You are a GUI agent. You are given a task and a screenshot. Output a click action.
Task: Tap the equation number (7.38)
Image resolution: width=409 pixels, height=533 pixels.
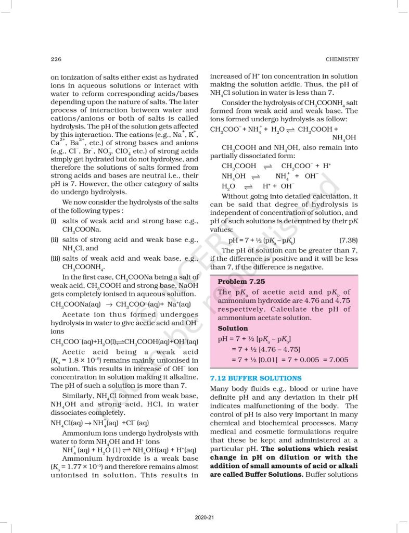tap(348, 240)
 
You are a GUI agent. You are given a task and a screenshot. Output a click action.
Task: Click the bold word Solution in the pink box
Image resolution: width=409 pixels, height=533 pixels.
tap(233, 328)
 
